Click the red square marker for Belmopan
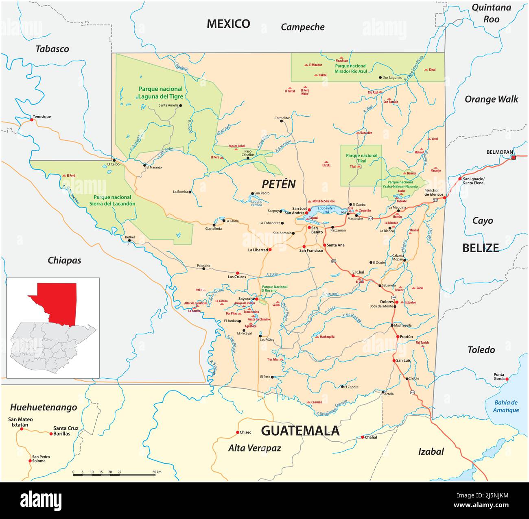click(x=514, y=157)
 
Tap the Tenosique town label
click(x=42, y=117)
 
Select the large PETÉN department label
click(x=279, y=184)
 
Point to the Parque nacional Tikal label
click(x=361, y=158)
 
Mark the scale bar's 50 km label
click(x=157, y=472)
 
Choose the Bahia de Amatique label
click(x=506, y=406)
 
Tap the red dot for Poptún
click(x=398, y=337)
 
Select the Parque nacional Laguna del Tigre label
click(x=160, y=93)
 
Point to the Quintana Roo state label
click(x=491, y=13)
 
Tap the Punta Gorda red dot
click(x=507, y=379)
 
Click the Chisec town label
click(x=245, y=432)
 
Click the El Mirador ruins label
click(x=315, y=65)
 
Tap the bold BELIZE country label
click(x=480, y=248)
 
